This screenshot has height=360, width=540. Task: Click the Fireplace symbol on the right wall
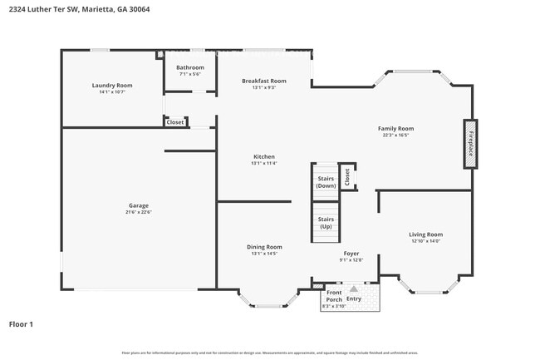tap(470, 144)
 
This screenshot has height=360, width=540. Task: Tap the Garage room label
tap(138, 205)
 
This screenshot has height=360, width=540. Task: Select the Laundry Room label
tap(112, 85)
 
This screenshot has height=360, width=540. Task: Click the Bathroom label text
tap(189, 67)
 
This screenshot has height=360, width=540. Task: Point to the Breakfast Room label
tap(264, 81)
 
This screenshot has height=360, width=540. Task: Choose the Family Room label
tap(395, 129)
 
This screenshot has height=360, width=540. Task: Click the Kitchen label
tap(264, 156)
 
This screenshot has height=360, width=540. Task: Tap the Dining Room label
tap(264, 247)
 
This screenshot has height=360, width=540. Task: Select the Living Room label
tap(425, 234)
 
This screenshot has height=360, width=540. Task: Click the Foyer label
tap(351, 254)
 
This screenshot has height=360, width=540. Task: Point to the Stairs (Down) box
tap(326, 181)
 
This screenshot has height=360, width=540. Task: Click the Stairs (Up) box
tap(326, 222)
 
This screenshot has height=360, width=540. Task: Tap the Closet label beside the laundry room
tap(175, 122)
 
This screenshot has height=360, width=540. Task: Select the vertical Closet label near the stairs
tap(347, 177)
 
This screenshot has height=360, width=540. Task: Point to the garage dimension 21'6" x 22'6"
tap(138, 212)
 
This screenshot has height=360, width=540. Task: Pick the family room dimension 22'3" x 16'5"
tap(395, 136)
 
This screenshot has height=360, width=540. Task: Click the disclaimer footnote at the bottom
tap(269, 353)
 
